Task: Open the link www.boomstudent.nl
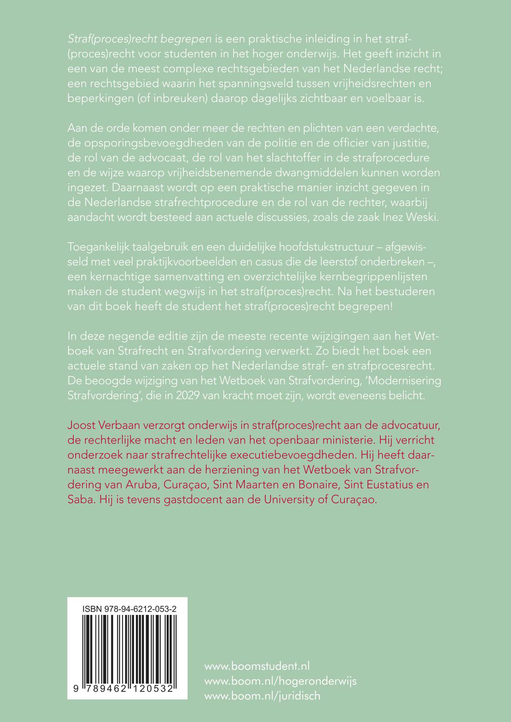point(257,666)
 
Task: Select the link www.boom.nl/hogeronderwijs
point(280,681)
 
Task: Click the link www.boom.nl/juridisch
point(262,696)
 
